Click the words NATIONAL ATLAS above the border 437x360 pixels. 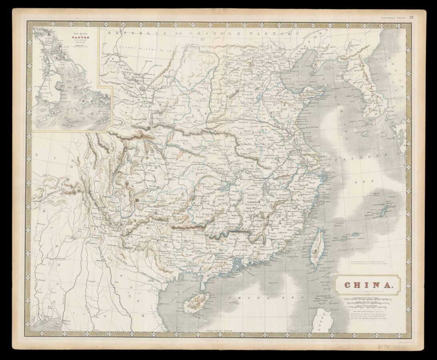click(x=393, y=17)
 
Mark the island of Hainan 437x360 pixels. click(x=196, y=302)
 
